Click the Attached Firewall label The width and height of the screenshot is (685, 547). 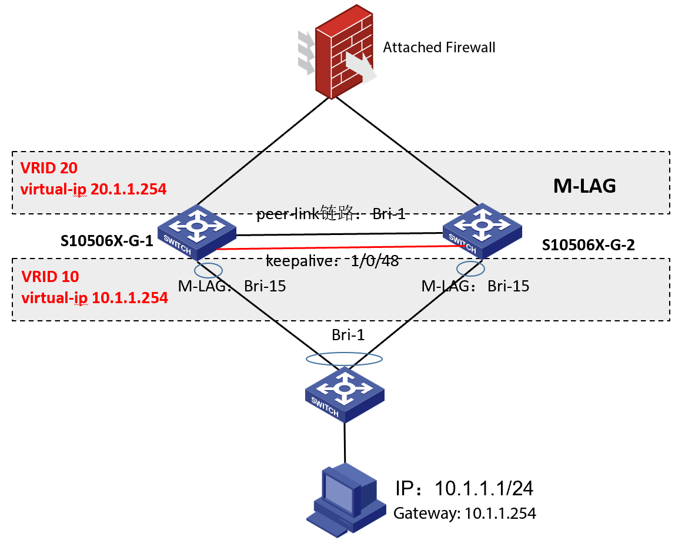pyautogui.click(x=439, y=47)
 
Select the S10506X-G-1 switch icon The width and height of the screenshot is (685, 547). pyautogui.click(x=197, y=231)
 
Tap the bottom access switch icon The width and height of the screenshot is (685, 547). pyautogui.click(x=345, y=393)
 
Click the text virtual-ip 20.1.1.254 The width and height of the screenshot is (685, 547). pyautogui.click(x=93, y=189)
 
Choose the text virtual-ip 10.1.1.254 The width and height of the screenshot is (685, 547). pyautogui.click(x=94, y=297)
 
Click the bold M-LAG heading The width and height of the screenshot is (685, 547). pyautogui.click(x=584, y=186)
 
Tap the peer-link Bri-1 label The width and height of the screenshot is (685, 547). pyautogui.click(x=330, y=214)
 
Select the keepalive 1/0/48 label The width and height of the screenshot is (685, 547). pyautogui.click(x=332, y=261)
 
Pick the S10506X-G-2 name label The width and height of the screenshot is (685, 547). pyautogui.click(x=588, y=245)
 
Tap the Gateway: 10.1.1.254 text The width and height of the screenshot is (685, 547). pyautogui.click(x=465, y=513)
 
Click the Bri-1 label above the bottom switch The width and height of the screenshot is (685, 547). pyautogui.click(x=348, y=335)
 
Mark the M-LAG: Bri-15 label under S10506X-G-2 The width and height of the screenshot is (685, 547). pyautogui.click(x=475, y=286)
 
